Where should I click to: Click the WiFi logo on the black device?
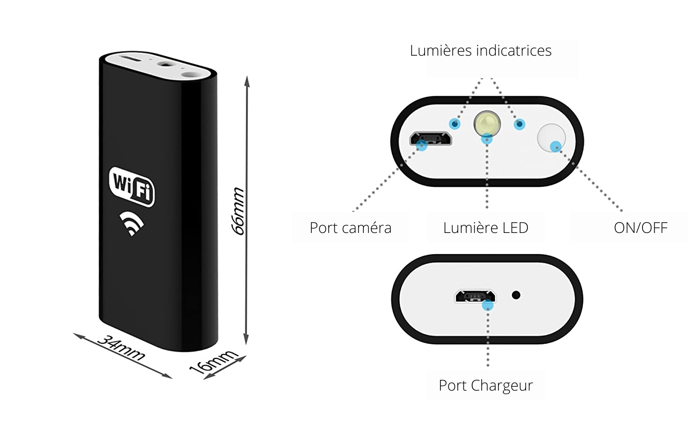click(131, 186)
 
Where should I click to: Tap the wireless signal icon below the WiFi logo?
click(131, 223)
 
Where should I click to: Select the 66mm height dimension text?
click(238, 210)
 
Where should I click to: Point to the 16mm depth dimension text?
click(213, 361)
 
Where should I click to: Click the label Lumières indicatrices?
click(481, 51)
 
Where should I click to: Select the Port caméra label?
click(350, 228)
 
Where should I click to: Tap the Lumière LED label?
click(485, 228)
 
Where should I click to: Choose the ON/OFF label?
click(640, 228)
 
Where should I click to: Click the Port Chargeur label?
click(485, 385)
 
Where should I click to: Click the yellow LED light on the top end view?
click(487, 123)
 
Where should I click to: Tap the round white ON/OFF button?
click(551, 137)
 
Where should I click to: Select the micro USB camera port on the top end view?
click(430, 138)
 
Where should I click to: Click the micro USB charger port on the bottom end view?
click(475, 296)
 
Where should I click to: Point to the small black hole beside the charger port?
click(516, 295)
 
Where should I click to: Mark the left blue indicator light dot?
click(455, 124)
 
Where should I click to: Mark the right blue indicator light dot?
click(520, 124)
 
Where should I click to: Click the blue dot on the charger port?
click(488, 306)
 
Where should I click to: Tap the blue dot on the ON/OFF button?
click(556, 146)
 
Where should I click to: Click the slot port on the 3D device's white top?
click(131, 60)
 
